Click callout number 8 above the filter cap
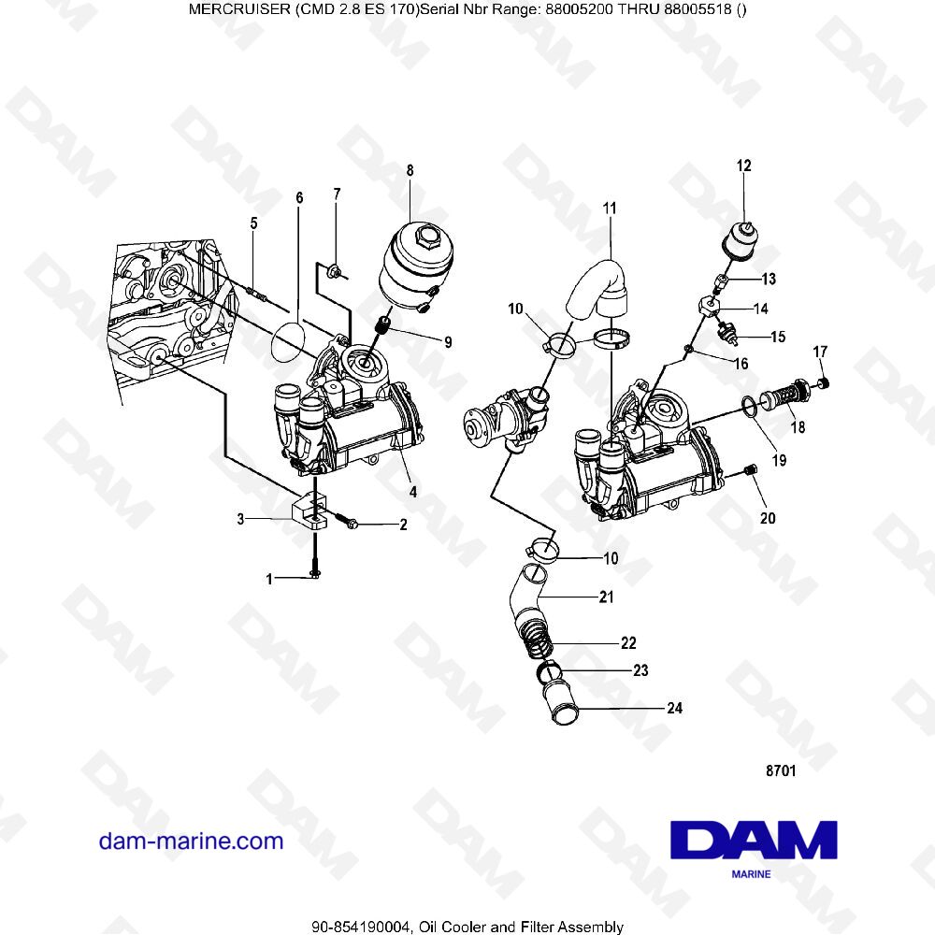410,170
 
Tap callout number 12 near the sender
743,166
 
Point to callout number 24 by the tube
674,708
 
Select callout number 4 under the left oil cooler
412,492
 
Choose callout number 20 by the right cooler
768,517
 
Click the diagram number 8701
781,771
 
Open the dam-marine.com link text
191,841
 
